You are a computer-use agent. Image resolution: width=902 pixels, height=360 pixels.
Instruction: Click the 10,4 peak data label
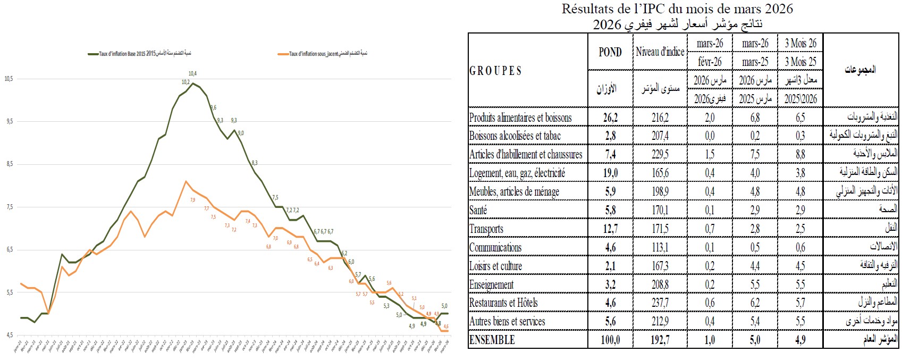[192, 73]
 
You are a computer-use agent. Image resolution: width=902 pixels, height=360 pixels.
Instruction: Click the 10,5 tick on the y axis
[9, 79]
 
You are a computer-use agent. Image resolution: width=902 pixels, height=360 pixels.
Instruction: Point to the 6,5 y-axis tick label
[9, 249]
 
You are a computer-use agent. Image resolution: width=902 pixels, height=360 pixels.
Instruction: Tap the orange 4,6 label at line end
[446, 326]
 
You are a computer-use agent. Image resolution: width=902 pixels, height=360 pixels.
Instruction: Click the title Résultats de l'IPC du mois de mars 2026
[677, 9]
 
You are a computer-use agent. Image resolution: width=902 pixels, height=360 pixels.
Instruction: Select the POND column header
[610, 52]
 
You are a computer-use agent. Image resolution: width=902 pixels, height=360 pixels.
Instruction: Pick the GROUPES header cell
[495, 71]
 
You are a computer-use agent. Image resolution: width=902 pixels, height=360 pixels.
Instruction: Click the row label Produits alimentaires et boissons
[520, 117]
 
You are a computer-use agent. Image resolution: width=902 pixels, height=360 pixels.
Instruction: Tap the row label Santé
[478, 210]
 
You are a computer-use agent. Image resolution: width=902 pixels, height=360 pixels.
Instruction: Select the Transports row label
[486, 229]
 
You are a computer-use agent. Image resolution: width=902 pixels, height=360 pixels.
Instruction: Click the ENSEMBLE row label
[492, 340]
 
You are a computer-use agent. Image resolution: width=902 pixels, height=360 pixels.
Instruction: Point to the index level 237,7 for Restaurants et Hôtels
[660, 303]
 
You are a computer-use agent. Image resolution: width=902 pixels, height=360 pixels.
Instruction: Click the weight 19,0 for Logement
[610, 173]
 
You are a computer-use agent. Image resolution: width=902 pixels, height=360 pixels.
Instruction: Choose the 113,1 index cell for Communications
[660, 247]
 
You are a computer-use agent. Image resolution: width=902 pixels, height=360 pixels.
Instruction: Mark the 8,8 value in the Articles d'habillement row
[800, 154]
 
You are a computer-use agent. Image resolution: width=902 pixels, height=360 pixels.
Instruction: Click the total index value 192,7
[660, 340]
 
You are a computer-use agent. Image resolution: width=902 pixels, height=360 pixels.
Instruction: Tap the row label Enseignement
[492, 284]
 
